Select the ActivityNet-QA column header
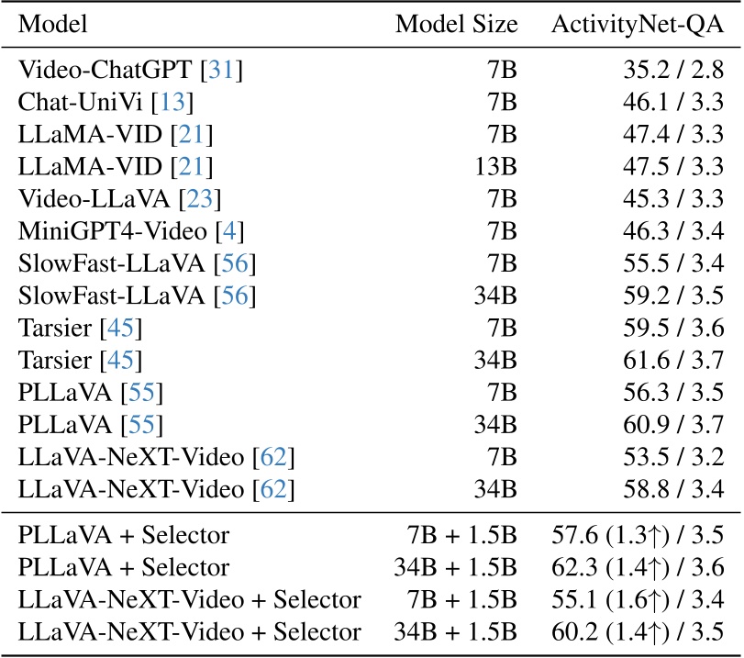[x=638, y=25]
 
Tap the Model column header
[x=54, y=25]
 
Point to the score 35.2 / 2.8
[x=666, y=68]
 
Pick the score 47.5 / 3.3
[x=666, y=168]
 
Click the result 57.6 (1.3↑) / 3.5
[x=638, y=533]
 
